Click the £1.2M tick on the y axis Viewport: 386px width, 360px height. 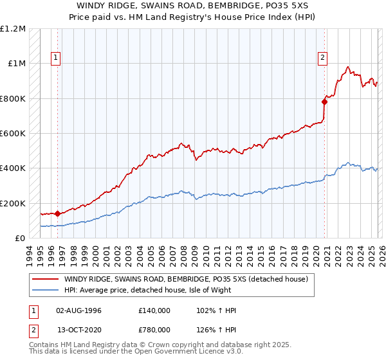point(14,29)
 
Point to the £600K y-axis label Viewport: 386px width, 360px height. point(14,134)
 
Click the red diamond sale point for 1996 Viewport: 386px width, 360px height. point(58,213)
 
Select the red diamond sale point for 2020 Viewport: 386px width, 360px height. point(325,102)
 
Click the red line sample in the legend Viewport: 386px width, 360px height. point(45,279)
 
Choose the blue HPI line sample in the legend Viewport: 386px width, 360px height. point(45,290)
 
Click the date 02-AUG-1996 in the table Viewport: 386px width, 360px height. point(80,310)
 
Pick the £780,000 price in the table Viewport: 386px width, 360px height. point(154,329)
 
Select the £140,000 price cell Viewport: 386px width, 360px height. point(154,310)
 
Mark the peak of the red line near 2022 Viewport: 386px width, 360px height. point(347,66)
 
